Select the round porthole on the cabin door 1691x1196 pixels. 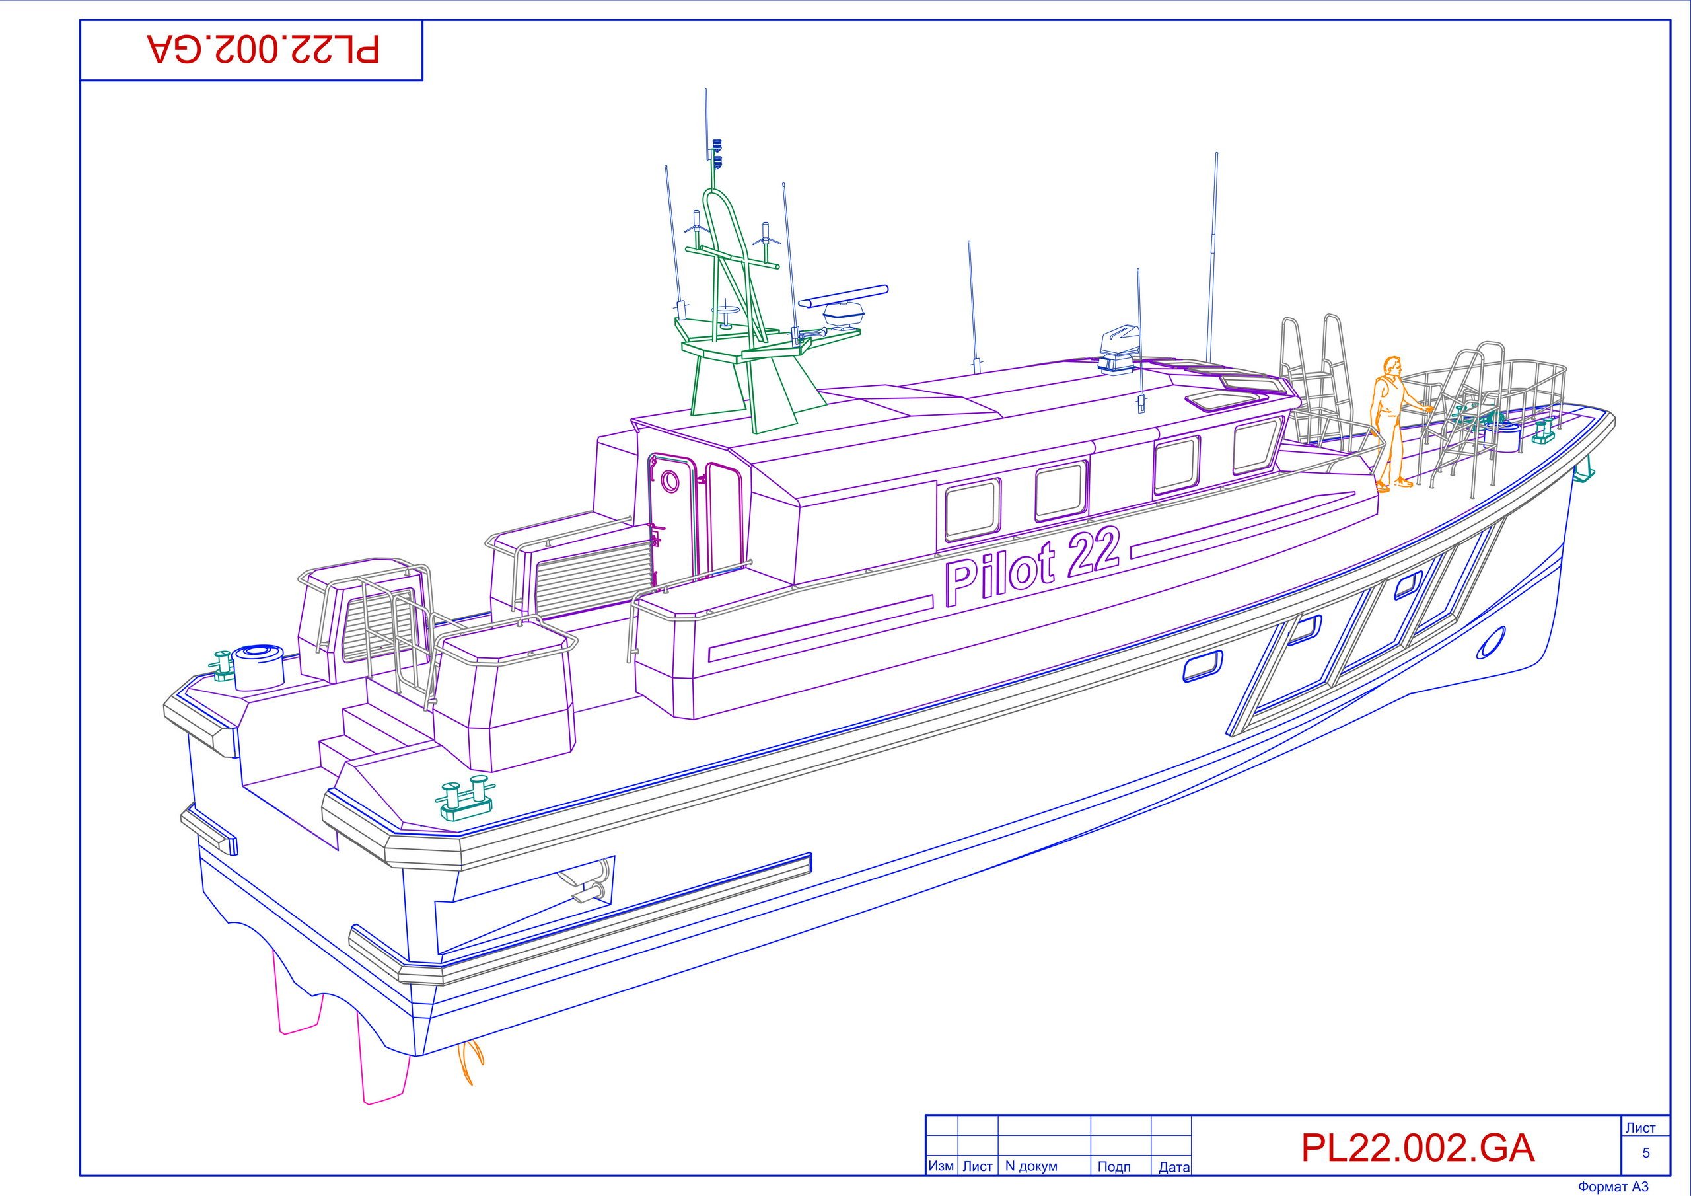[x=670, y=481]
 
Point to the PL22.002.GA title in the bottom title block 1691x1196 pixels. [x=1418, y=1147]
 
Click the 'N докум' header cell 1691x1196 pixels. [x=1031, y=1166]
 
